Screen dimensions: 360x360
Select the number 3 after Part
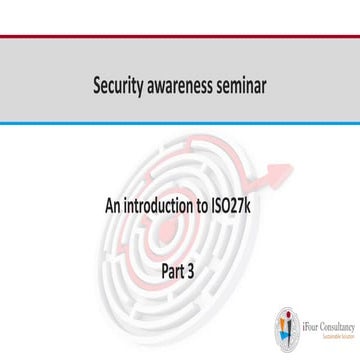[193, 268]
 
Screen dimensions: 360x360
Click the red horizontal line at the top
[180, 37]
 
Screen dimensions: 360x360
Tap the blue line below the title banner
[180, 124]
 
